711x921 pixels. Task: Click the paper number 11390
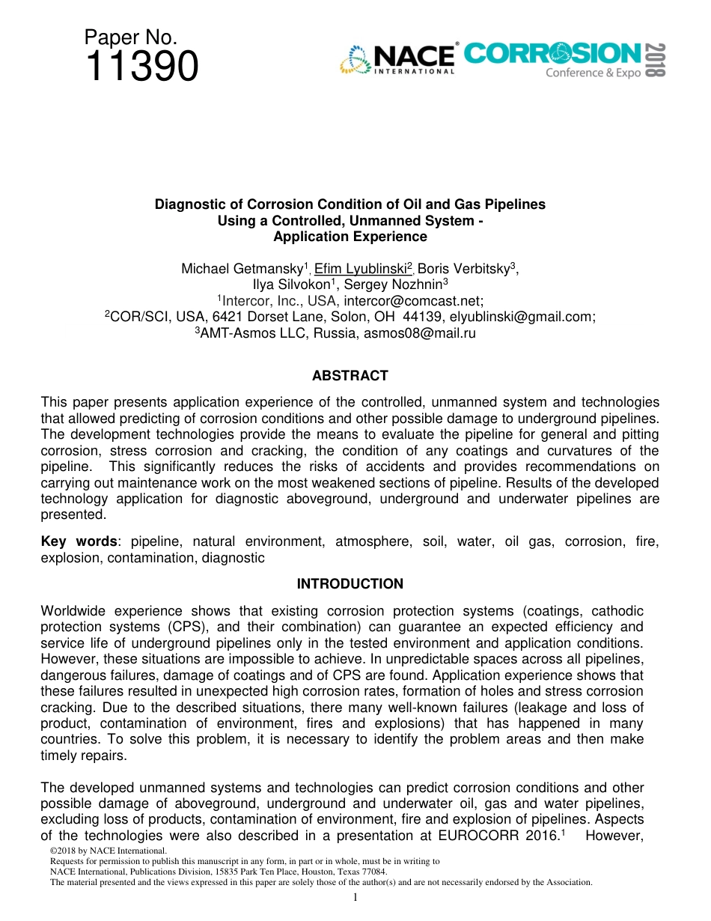tap(142, 67)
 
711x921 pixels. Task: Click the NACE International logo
tap(397, 59)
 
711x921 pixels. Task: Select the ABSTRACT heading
tap(350, 376)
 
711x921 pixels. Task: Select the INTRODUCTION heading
tap(350, 584)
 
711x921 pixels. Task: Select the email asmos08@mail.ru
tap(419, 333)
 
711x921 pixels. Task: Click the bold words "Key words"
tap(70, 541)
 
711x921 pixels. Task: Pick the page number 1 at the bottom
tap(355, 898)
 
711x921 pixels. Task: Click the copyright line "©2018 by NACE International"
tap(107, 851)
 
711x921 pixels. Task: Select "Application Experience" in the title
tap(350, 237)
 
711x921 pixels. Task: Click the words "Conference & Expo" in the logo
tap(593, 73)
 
